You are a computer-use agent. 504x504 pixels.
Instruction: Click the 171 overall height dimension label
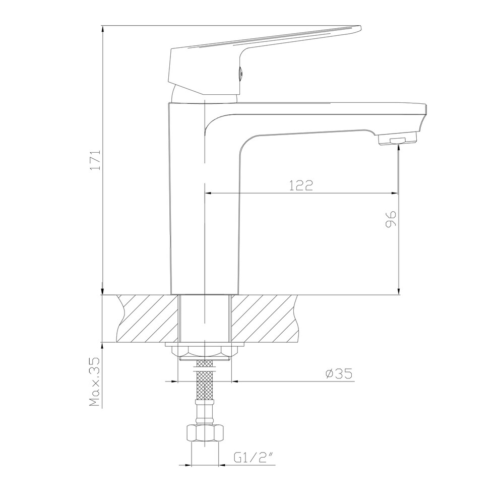[96, 160]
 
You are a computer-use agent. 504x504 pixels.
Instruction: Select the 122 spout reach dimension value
[301, 185]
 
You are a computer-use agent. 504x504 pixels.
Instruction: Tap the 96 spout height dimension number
[390, 220]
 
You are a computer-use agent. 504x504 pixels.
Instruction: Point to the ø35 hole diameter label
[339, 373]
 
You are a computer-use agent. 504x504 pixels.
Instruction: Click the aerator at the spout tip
[398, 139]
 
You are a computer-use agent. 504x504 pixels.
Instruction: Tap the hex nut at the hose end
[205, 433]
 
